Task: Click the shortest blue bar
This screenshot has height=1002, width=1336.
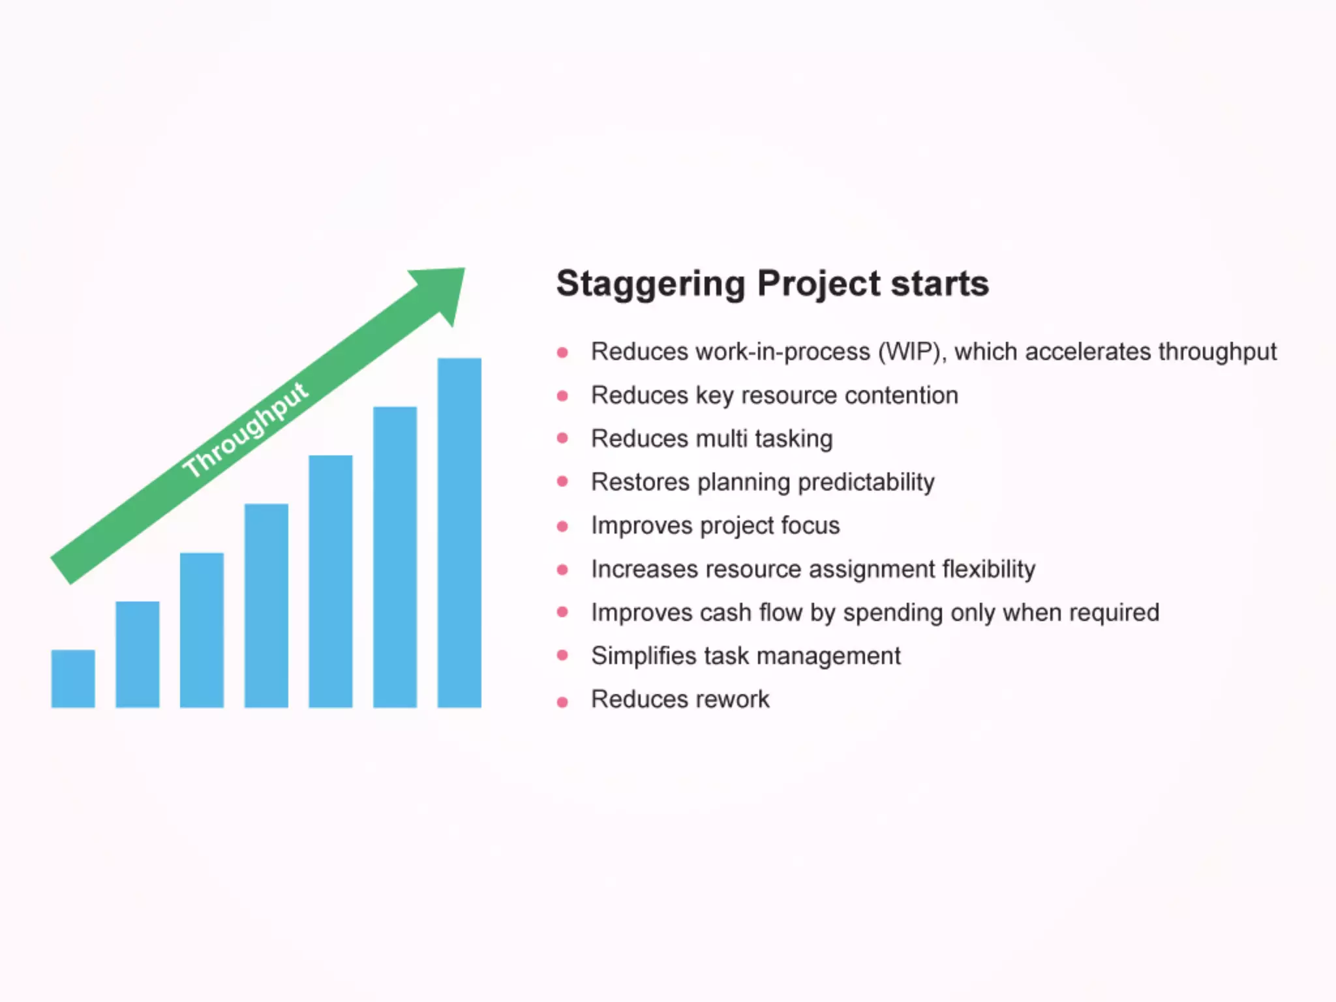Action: [73, 678]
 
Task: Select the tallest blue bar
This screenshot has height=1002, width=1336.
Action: [459, 533]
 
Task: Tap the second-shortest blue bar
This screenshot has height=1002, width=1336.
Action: [138, 654]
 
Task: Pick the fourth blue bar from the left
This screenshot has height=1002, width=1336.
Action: [266, 605]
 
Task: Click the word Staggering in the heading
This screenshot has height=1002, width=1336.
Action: [650, 284]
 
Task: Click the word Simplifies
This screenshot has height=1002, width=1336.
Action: [643, 656]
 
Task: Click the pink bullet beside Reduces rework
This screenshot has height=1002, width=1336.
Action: [562, 702]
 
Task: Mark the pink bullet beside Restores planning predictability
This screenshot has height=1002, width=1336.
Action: [562, 481]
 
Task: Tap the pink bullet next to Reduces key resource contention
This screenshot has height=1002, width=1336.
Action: [562, 395]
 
